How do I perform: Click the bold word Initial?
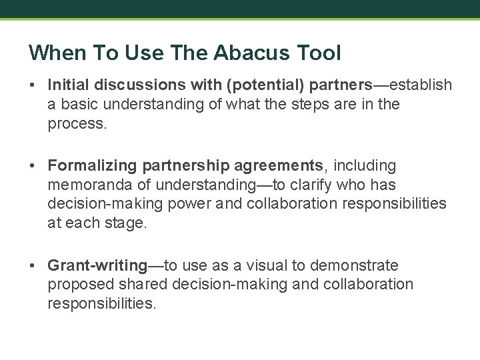coord(69,85)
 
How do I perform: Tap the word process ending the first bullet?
coord(75,124)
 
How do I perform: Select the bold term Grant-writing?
coord(97,265)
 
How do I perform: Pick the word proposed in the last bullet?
coord(74,285)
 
